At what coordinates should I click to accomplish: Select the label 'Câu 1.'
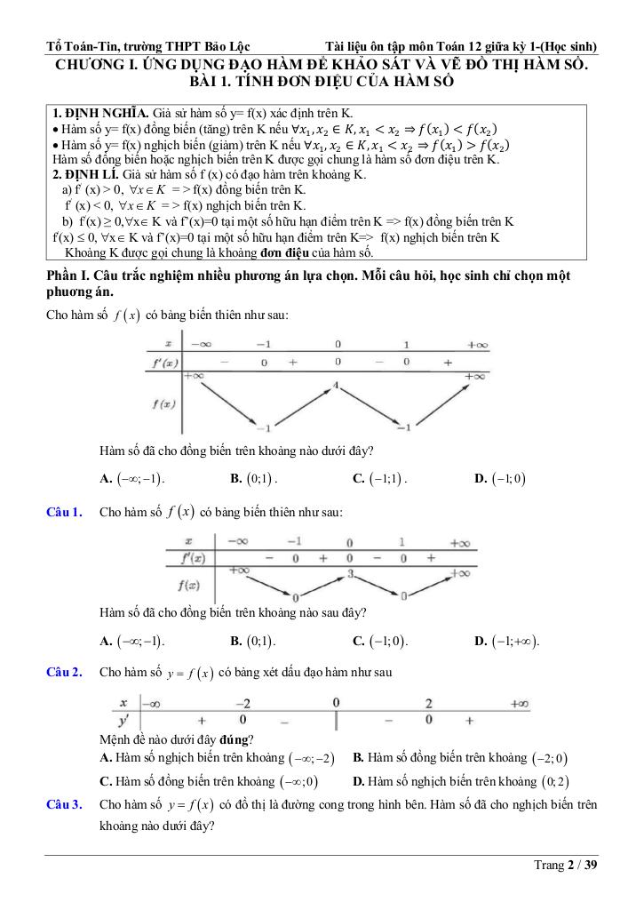(65, 512)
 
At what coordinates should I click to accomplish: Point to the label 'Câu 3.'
(65, 804)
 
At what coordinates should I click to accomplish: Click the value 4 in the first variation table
(336, 386)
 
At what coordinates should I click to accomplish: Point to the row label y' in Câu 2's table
(123, 718)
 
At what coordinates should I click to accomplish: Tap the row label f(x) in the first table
(163, 403)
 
